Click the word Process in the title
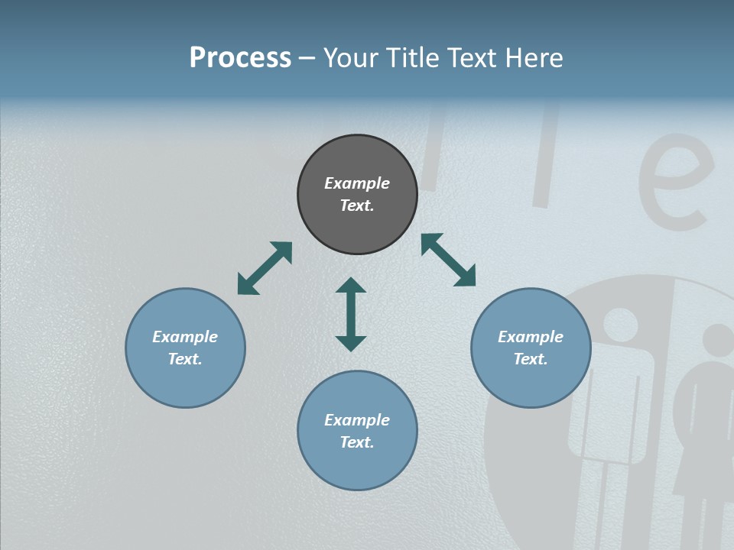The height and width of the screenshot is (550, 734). pyautogui.click(x=240, y=58)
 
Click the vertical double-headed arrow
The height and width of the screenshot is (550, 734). pyautogui.click(x=351, y=314)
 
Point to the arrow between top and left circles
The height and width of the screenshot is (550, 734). pyautogui.click(x=265, y=268)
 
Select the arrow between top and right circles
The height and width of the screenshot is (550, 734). pyautogui.click(x=449, y=260)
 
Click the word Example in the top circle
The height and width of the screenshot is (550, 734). pyautogui.click(x=357, y=183)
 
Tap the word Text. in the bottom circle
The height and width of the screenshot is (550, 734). pyautogui.click(x=357, y=442)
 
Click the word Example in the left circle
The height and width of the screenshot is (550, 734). pyautogui.click(x=185, y=337)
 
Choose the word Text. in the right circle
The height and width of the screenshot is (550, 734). pyautogui.click(x=531, y=359)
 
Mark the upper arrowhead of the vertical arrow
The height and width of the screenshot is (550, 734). pyautogui.click(x=351, y=284)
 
